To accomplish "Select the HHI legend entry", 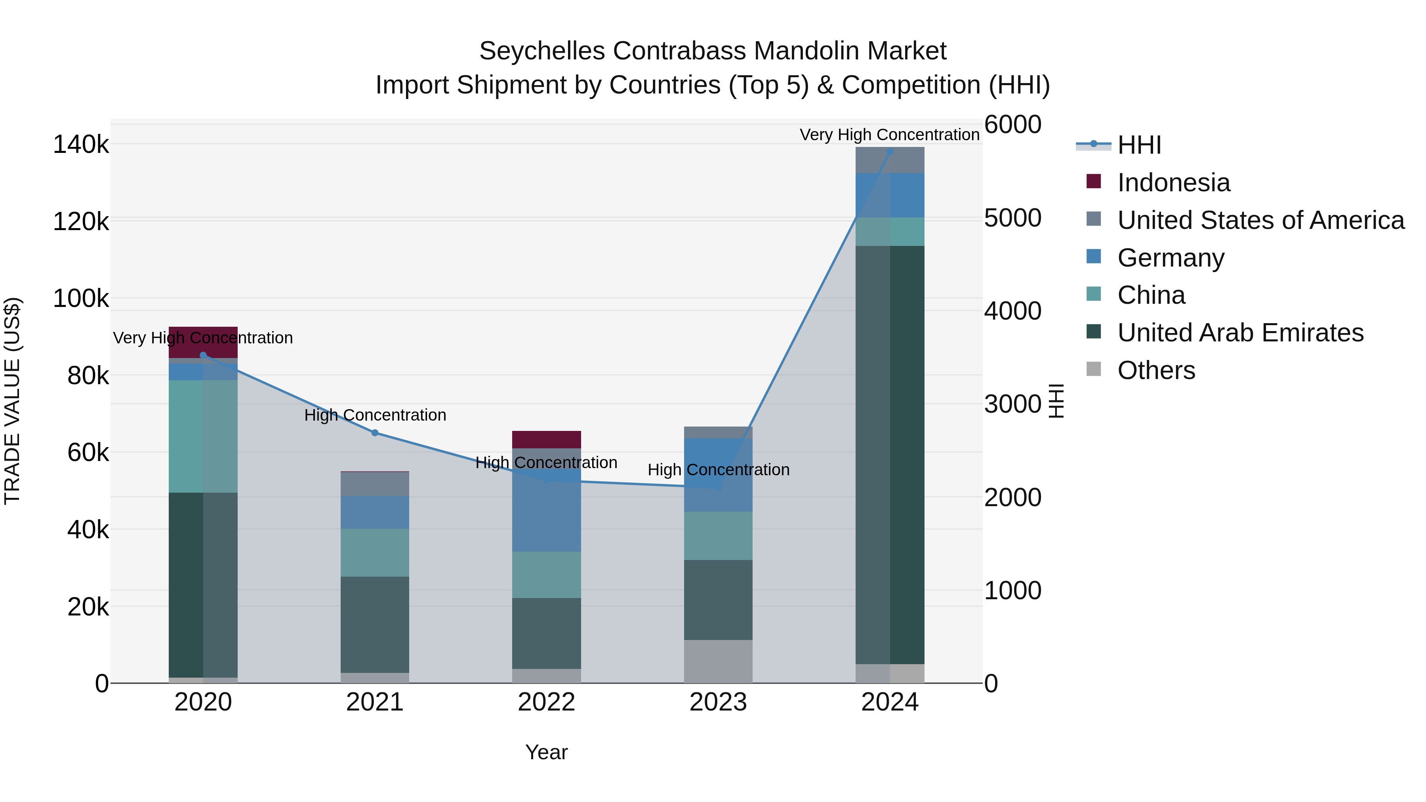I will tap(1139, 145).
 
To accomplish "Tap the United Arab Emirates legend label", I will tap(1240, 333).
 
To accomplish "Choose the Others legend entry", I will tap(1156, 370).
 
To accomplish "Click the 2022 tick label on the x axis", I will tap(546, 702).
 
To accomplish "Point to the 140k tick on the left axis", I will tap(81, 145).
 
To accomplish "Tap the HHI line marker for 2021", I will tap(375, 433).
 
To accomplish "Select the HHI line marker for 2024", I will tap(890, 152).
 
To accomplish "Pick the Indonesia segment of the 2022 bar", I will tap(546, 440).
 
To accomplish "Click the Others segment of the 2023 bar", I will tap(718, 661).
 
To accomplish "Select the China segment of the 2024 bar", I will tap(890, 232).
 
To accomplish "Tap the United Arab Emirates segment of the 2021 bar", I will tap(375, 624).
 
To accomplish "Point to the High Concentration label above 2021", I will tap(375, 415).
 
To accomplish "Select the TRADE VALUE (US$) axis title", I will tap(12, 401).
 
